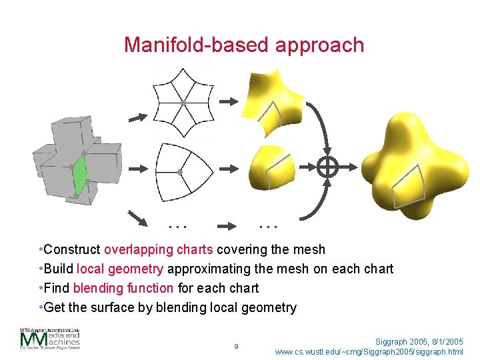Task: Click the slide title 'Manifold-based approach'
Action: (244, 45)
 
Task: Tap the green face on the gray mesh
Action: (81, 175)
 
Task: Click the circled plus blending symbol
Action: (327, 167)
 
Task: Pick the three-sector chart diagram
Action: (181, 173)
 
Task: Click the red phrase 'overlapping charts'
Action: (158, 249)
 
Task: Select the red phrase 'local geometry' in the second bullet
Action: (120, 269)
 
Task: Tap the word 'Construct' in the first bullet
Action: (72, 249)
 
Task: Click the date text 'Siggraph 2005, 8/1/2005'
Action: (419, 341)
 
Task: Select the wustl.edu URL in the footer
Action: (369, 351)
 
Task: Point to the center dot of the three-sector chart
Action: (180, 173)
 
